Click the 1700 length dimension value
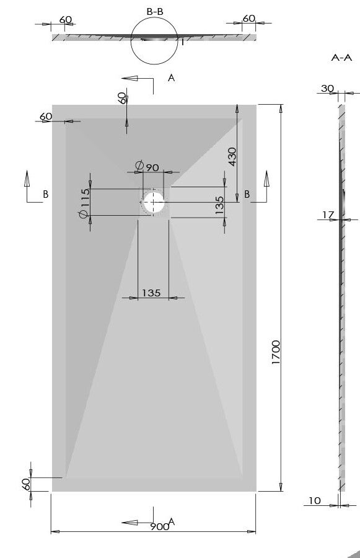(276, 352)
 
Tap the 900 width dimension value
(159, 526)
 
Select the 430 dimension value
(232, 157)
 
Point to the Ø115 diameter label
(84, 203)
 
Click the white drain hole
(154, 201)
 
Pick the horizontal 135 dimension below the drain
(151, 293)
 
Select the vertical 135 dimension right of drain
(219, 205)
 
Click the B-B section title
(155, 12)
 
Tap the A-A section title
(341, 58)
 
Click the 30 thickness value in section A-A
(327, 88)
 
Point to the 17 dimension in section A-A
(328, 215)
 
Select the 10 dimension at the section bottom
(315, 501)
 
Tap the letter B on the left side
(45, 194)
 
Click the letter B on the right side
(247, 194)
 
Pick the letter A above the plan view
(171, 77)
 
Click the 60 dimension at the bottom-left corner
(25, 484)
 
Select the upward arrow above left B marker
(27, 179)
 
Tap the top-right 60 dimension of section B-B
(248, 18)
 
